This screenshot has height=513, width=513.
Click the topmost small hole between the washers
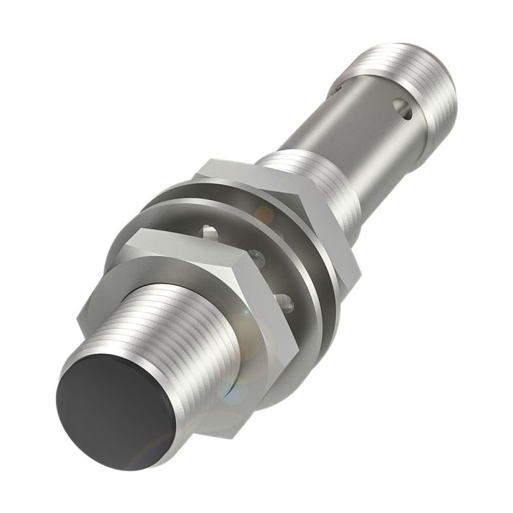210,233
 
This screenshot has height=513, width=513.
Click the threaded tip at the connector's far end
418,70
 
